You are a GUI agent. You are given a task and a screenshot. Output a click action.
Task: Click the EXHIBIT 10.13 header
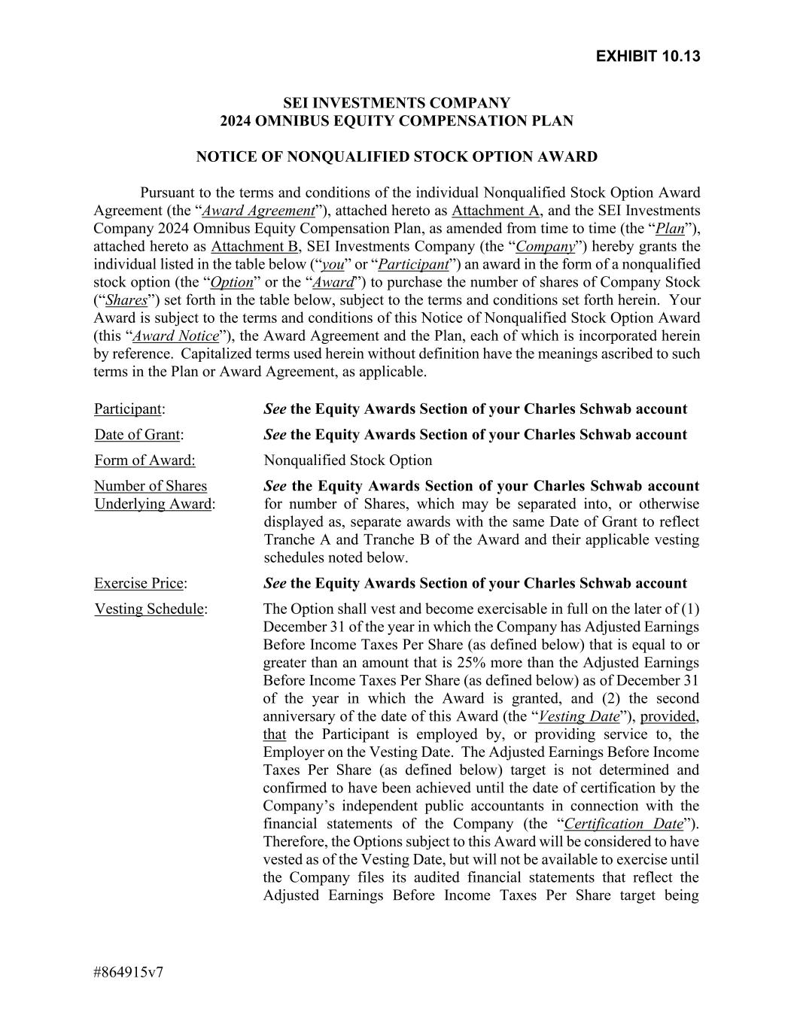coord(647,56)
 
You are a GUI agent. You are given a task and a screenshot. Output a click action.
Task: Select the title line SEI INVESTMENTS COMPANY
coord(397,102)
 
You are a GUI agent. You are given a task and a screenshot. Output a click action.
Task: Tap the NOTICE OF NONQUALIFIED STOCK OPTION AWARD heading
coord(397,156)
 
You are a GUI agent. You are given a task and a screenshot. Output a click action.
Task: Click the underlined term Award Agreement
coord(258,211)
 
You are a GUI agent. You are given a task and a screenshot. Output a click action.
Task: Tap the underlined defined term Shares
coord(126,300)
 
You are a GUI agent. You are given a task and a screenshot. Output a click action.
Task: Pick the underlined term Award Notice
coord(175,336)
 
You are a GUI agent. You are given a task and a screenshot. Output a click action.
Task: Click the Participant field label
coord(128,409)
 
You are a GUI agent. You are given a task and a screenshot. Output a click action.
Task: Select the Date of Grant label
coord(138,435)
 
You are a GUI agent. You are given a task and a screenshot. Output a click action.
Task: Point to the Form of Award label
coord(145,460)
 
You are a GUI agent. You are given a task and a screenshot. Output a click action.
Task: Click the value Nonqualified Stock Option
coord(348,460)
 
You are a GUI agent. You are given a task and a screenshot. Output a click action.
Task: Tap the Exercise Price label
coord(139,584)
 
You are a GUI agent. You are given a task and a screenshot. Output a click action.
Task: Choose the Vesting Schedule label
coord(149,609)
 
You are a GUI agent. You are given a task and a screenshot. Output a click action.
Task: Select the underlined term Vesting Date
coord(579,716)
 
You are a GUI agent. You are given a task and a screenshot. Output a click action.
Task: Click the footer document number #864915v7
coord(129,972)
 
